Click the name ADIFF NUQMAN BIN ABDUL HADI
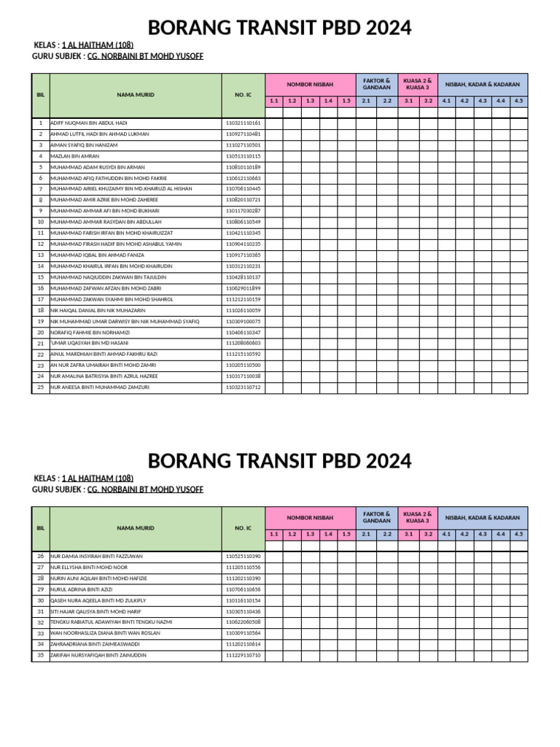pos(88,123)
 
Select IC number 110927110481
pos(243,134)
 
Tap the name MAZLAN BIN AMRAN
pos(74,156)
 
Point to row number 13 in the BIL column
pos(40,255)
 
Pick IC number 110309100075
pos(243,321)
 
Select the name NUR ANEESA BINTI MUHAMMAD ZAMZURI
pos(99,387)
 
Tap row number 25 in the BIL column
pos(40,387)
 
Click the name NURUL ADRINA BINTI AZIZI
pos(81,589)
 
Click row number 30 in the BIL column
pos(40,600)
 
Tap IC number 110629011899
pos(243,288)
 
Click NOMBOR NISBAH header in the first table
pos(309,85)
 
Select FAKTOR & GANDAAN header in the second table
pos(376,517)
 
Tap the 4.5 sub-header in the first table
pos(518,101)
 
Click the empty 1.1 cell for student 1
pos(273,123)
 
